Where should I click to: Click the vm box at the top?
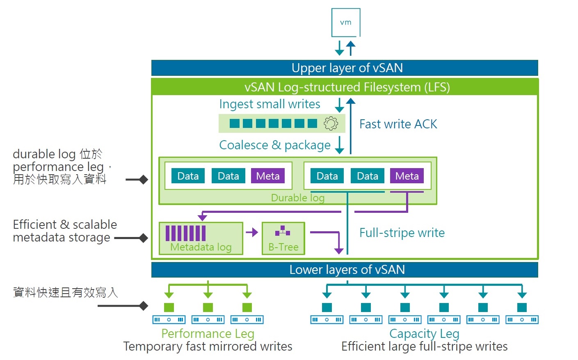(x=346, y=23)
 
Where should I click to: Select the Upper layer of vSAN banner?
(x=345, y=68)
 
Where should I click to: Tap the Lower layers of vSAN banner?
(x=345, y=270)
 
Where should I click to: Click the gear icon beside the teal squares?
(x=331, y=123)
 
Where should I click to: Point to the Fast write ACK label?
(x=398, y=124)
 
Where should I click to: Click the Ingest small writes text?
(x=270, y=104)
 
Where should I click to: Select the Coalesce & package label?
(x=275, y=145)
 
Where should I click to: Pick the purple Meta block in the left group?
(x=267, y=176)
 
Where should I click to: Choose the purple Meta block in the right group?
(x=407, y=176)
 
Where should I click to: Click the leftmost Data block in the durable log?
(x=188, y=176)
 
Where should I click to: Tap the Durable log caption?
(x=298, y=198)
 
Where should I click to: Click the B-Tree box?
(x=283, y=239)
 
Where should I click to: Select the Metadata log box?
(x=201, y=239)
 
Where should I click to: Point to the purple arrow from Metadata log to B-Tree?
(x=252, y=232)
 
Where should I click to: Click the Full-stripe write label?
(x=402, y=233)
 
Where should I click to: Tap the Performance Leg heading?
(x=208, y=334)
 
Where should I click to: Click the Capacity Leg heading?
(x=424, y=334)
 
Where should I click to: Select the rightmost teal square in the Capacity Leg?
(x=522, y=308)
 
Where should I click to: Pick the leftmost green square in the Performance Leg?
(x=169, y=308)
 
